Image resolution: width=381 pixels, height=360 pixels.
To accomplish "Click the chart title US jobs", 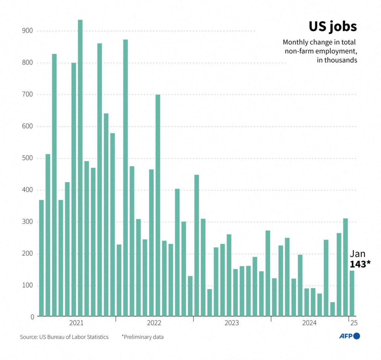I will pos(332,27).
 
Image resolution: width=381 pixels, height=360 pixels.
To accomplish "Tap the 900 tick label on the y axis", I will pos(28,30).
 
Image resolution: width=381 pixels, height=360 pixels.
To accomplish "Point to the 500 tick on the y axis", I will pos(28,158).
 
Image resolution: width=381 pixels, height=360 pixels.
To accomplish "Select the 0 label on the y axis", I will pos(32,317).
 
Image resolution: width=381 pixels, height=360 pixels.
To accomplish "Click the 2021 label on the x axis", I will pos(77,322).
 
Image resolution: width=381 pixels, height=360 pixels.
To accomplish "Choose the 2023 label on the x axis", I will pos(232,322).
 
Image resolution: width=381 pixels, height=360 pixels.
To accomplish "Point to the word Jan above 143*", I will pos(358,254).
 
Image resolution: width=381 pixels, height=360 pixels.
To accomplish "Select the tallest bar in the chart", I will pos(80,167).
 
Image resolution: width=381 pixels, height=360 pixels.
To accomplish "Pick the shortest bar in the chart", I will pos(332,308).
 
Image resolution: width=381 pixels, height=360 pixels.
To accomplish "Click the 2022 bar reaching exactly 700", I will pos(158,205).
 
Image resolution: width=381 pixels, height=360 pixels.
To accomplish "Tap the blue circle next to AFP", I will pos(356,336).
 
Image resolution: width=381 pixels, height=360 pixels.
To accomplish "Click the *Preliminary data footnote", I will pos(143,337).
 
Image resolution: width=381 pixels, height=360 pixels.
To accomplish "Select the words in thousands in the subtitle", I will pos(337,60).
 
